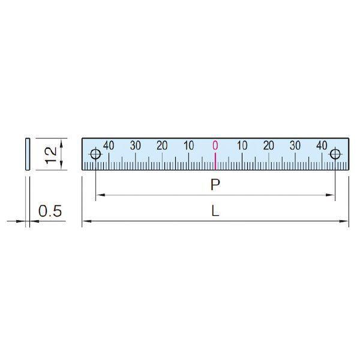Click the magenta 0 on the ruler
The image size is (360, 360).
[x=215, y=145]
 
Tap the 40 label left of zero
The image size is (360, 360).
[x=109, y=145]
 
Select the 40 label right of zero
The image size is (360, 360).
[x=322, y=145]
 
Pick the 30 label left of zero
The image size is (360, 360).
[x=135, y=145]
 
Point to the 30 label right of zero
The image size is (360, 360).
[x=295, y=145]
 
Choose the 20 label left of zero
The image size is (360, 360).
[x=162, y=145]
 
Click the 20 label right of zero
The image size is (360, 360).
[x=269, y=145]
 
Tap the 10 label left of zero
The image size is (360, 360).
[x=189, y=145]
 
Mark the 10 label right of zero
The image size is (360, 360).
[x=242, y=145]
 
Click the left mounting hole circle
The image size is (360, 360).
[x=91, y=154]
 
